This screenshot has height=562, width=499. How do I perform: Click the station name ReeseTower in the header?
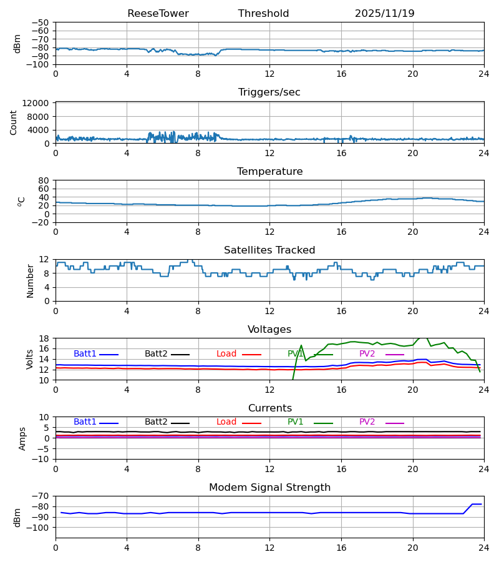click(x=158, y=14)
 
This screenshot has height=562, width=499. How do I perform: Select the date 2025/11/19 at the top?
click(x=384, y=14)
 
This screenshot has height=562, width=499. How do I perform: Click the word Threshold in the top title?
click(x=263, y=14)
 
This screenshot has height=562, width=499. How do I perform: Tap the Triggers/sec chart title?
click(x=269, y=92)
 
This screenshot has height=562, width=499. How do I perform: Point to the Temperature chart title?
click(x=269, y=172)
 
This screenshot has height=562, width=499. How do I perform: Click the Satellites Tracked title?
click(x=269, y=250)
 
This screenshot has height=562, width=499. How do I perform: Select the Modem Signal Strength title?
click(x=269, y=488)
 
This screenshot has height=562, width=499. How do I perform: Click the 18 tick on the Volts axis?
click(x=45, y=338)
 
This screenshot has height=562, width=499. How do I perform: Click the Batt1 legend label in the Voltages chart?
click(x=85, y=354)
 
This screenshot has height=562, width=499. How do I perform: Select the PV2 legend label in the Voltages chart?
click(x=367, y=354)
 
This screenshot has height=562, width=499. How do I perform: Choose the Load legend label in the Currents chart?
click(x=226, y=422)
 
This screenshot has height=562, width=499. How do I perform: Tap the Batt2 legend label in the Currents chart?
click(x=156, y=422)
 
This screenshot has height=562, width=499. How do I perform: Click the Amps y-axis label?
click(x=23, y=438)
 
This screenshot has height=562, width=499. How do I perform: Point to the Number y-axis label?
click(x=31, y=280)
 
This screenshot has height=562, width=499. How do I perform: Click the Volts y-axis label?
click(x=31, y=359)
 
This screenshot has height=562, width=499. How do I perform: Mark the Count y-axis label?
click(x=14, y=122)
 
